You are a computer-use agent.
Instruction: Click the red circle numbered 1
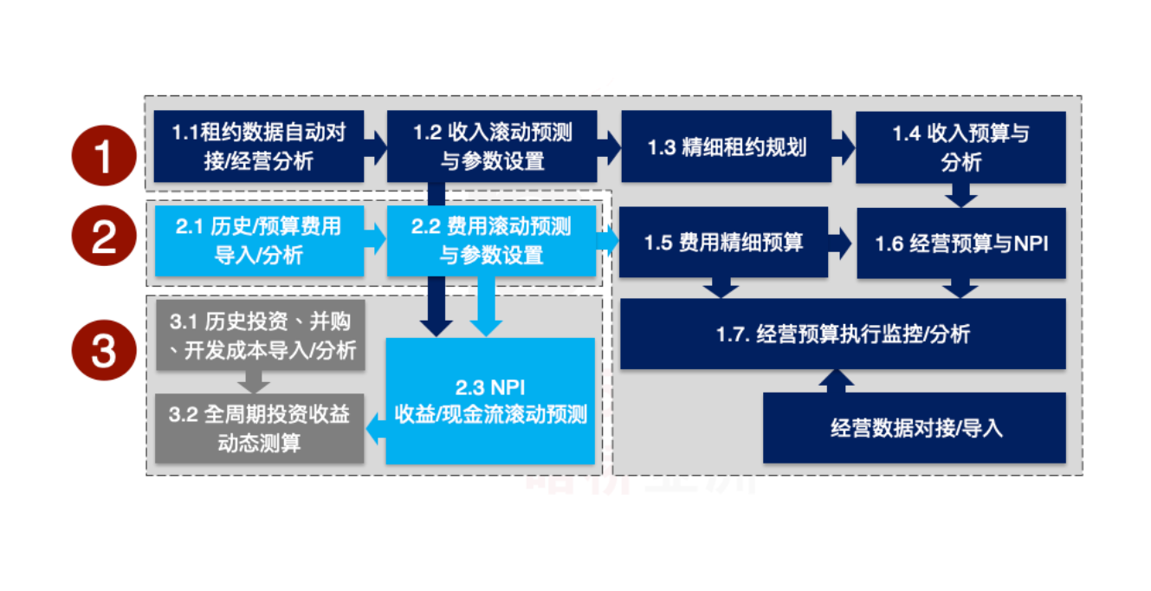tap(104, 157)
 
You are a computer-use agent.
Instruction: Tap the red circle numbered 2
tap(104, 236)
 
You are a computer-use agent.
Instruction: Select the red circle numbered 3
tap(104, 351)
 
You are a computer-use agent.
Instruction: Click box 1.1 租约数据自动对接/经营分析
tap(259, 146)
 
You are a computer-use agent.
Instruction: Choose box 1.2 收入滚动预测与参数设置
tap(492, 146)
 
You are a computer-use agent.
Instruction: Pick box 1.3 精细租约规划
tap(726, 146)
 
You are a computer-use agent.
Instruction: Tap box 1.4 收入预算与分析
tap(960, 146)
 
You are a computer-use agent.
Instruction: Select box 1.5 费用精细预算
tap(723, 242)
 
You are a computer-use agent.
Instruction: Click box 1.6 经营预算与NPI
tap(960, 244)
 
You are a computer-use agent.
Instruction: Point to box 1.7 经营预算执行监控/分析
tap(843, 334)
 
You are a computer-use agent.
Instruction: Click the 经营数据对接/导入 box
tap(914, 427)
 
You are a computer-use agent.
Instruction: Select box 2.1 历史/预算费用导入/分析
tap(259, 241)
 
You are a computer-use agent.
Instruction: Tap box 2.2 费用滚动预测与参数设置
tap(492, 241)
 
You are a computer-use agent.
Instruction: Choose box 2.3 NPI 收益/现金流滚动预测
tap(490, 401)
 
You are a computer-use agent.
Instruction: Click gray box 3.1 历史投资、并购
tap(259, 335)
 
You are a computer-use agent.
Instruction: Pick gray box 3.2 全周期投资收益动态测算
tap(259, 427)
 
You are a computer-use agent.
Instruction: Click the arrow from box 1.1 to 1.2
tap(376, 146)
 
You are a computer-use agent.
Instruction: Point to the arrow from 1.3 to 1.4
tap(844, 146)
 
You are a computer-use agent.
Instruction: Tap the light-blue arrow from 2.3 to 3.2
tap(375, 428)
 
